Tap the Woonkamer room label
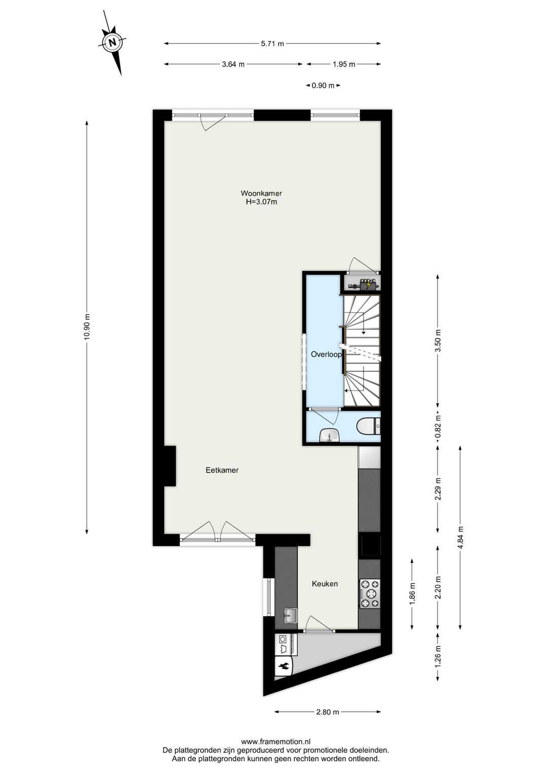coord(261,193)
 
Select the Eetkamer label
coord(222,470)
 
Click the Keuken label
coord(325,584)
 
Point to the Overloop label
coord(326,355)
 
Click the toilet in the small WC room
coord(368,427)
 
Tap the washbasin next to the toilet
coord(330,435)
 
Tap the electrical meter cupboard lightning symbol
coord(369,285)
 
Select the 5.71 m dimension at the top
coord(272,44)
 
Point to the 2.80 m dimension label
coord(327,712)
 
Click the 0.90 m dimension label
coord(323,86)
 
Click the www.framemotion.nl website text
coord(276,742)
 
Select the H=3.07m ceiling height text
coord(261,202)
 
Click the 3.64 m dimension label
coord(233,64)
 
